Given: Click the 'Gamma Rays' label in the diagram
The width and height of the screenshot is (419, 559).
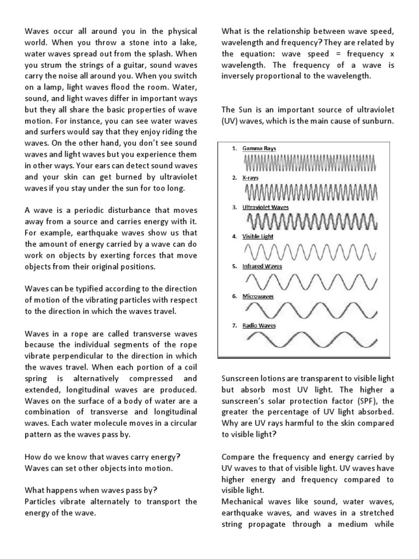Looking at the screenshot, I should pyautogui.click(x=259, y=148).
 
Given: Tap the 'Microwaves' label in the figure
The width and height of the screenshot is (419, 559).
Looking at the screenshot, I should pyautogui.click(x=258, y=296).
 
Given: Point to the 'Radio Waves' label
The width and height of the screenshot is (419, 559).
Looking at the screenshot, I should pyautogui.click(x=259, y=325).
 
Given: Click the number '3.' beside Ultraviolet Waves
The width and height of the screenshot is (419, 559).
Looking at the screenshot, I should pyautogui.click(x=234, y=207).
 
